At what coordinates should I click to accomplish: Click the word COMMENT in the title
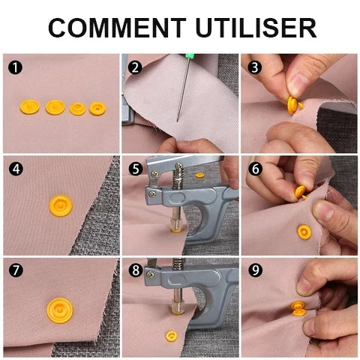tap(117, 28)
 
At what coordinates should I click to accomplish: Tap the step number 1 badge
tap(15, 67)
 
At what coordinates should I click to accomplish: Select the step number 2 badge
tap(135, 67)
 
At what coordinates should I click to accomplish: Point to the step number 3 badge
tap(255, 67)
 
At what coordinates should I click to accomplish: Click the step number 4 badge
tap(16, 169)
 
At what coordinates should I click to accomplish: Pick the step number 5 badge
tap(136, 169)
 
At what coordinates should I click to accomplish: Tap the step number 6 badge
tap(255, 169)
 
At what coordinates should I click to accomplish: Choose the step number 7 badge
tap(16, 270)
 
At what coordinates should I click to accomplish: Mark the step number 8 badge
tap(136, 270)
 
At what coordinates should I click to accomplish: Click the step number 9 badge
tap(255, 270)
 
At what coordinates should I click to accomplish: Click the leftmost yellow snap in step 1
tap(29, 107)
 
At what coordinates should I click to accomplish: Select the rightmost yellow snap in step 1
tap(97, 109)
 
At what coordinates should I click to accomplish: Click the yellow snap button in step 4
tap(61, 206)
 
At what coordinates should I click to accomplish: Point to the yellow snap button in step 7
tap(60, 310)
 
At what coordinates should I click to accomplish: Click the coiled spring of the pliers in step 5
tap(179, 176)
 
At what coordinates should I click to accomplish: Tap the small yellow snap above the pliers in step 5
tap(199, 175)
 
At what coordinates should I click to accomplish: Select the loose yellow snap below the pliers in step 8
tap(172, 336)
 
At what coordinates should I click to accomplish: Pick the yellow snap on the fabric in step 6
tap(304, 232)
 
